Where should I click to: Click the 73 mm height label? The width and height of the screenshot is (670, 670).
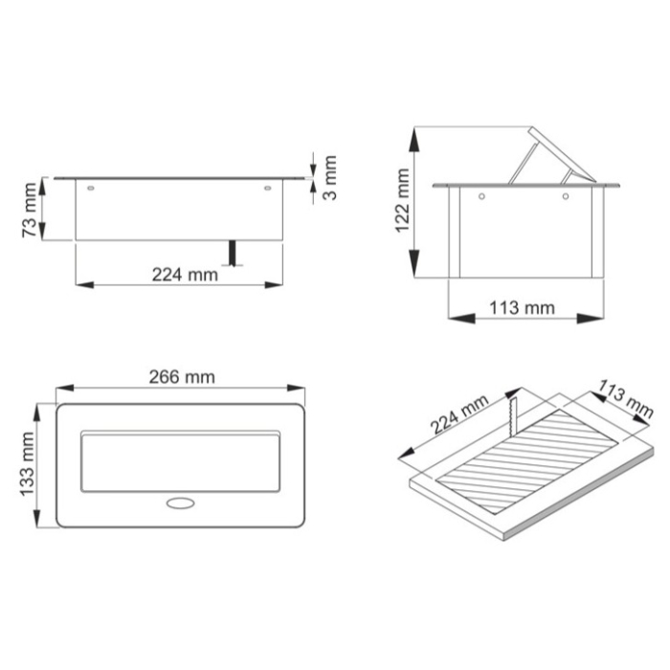point(30,209)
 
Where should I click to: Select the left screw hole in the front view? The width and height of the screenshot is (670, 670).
point(91,189)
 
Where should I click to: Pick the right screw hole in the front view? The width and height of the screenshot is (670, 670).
point(268,189)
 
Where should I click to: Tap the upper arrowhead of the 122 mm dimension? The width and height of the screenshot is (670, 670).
point(413,137)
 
